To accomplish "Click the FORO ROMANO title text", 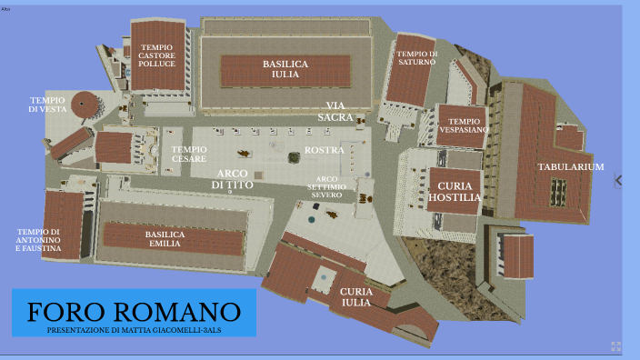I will pyautogui.click(x=134, y=312).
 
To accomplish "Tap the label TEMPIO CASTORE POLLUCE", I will pyautogui.click(x=157, y=56).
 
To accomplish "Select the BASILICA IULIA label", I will pyautogui.click(x=285, y=70).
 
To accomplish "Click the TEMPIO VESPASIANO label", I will pyautogui.click(x=464, y=125).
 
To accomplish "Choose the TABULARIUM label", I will pyautogui.click(x=571, y=167).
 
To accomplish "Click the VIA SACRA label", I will pyautogui.click(x=336, y=111).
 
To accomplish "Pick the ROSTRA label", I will pyautogui.click(x=324, y=150).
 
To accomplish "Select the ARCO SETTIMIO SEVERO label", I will pyautogui.click(x=327, y=186).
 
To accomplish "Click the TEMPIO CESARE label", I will pyautogui.click(x=189, y=155).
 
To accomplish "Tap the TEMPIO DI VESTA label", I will pyautogui.click(x=47, y=104).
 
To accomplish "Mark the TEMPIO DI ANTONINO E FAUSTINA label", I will pyautogui.click(x=39, y=240).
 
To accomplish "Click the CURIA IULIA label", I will pyautogui.click(x=355, y=297).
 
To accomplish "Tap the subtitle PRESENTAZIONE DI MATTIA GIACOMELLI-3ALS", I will pyautogui.click(x=134, y=330).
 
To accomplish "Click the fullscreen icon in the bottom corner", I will pyautogui.click(x=615, y=346).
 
